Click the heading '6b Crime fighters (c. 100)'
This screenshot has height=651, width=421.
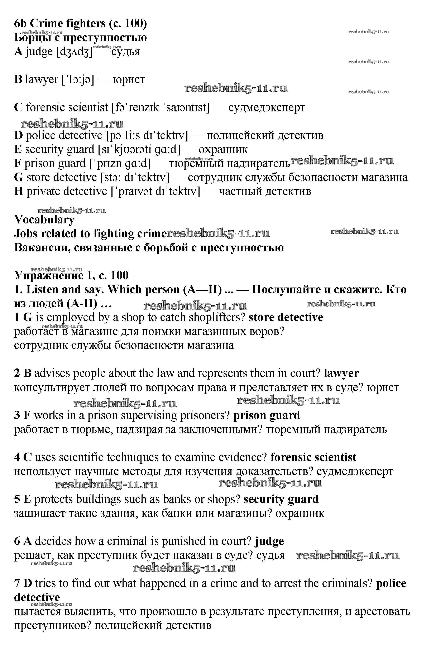point(80,24)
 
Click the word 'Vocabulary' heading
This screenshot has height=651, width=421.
point(44,220)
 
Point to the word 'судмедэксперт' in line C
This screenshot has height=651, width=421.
point(267,107)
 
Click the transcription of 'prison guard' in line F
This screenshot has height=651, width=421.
point(120,163)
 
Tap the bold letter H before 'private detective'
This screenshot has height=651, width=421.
point(19,191)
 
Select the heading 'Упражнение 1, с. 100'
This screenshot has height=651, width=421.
point(71,275)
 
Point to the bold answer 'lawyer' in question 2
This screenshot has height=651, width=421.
point(341,373)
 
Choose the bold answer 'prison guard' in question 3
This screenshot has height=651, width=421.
point(267,415)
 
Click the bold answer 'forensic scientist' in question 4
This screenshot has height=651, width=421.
point(313,457)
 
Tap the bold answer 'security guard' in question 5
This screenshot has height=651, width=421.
point(281,499)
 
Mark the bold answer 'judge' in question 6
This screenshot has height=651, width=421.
point(269,541)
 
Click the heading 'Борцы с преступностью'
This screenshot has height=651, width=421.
point(80,37)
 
